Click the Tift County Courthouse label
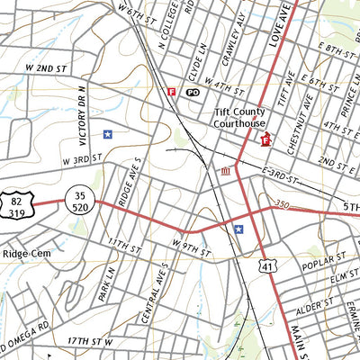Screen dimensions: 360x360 coord(240,118)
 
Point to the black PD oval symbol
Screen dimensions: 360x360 coord(193,92)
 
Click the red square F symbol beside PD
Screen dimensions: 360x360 coord(172,91)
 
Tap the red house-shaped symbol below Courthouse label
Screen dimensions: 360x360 coord(265,139)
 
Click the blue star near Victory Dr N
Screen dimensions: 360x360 coord(108,134)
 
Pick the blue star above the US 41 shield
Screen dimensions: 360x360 coord(238,229)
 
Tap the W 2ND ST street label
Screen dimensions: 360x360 coord(47,68)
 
